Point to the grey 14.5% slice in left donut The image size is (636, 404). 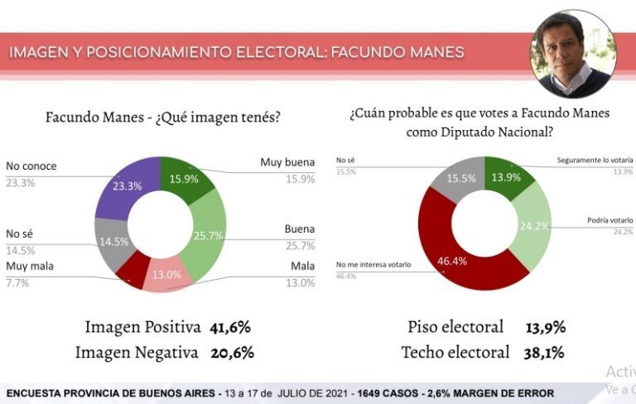coord(112,241)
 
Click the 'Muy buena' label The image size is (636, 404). coord(287,162)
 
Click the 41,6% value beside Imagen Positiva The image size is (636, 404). coord(229,326)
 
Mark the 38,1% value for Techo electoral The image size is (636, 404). coord(544,352)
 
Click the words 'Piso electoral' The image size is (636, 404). coord(455,326)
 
